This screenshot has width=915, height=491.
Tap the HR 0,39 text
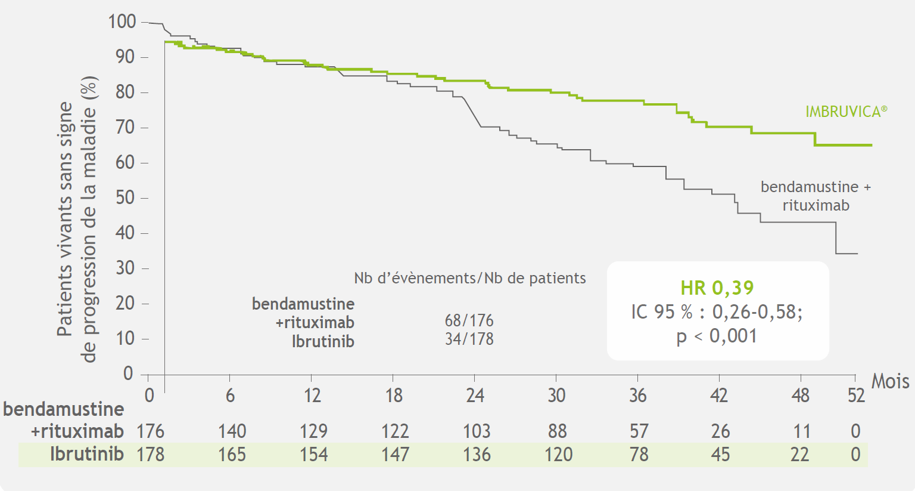717,288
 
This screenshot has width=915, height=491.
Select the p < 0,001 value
717,336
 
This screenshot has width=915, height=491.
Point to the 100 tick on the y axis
122,21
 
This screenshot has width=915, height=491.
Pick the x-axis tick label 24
475,395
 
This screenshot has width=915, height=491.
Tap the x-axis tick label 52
856,395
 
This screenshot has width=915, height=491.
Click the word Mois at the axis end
890,381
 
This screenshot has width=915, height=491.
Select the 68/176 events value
469,320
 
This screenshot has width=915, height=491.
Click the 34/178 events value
469,339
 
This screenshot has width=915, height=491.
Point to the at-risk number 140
232,431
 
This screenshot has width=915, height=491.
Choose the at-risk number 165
232,455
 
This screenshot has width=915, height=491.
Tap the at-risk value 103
477,431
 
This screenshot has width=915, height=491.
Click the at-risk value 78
639,455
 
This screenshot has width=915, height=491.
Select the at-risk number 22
799,455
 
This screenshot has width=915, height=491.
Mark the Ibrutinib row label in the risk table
86,454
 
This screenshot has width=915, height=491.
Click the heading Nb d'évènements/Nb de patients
469,278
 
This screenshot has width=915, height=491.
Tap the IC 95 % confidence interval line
717,311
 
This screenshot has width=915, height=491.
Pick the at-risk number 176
150,431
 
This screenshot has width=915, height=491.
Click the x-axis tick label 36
637,395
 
